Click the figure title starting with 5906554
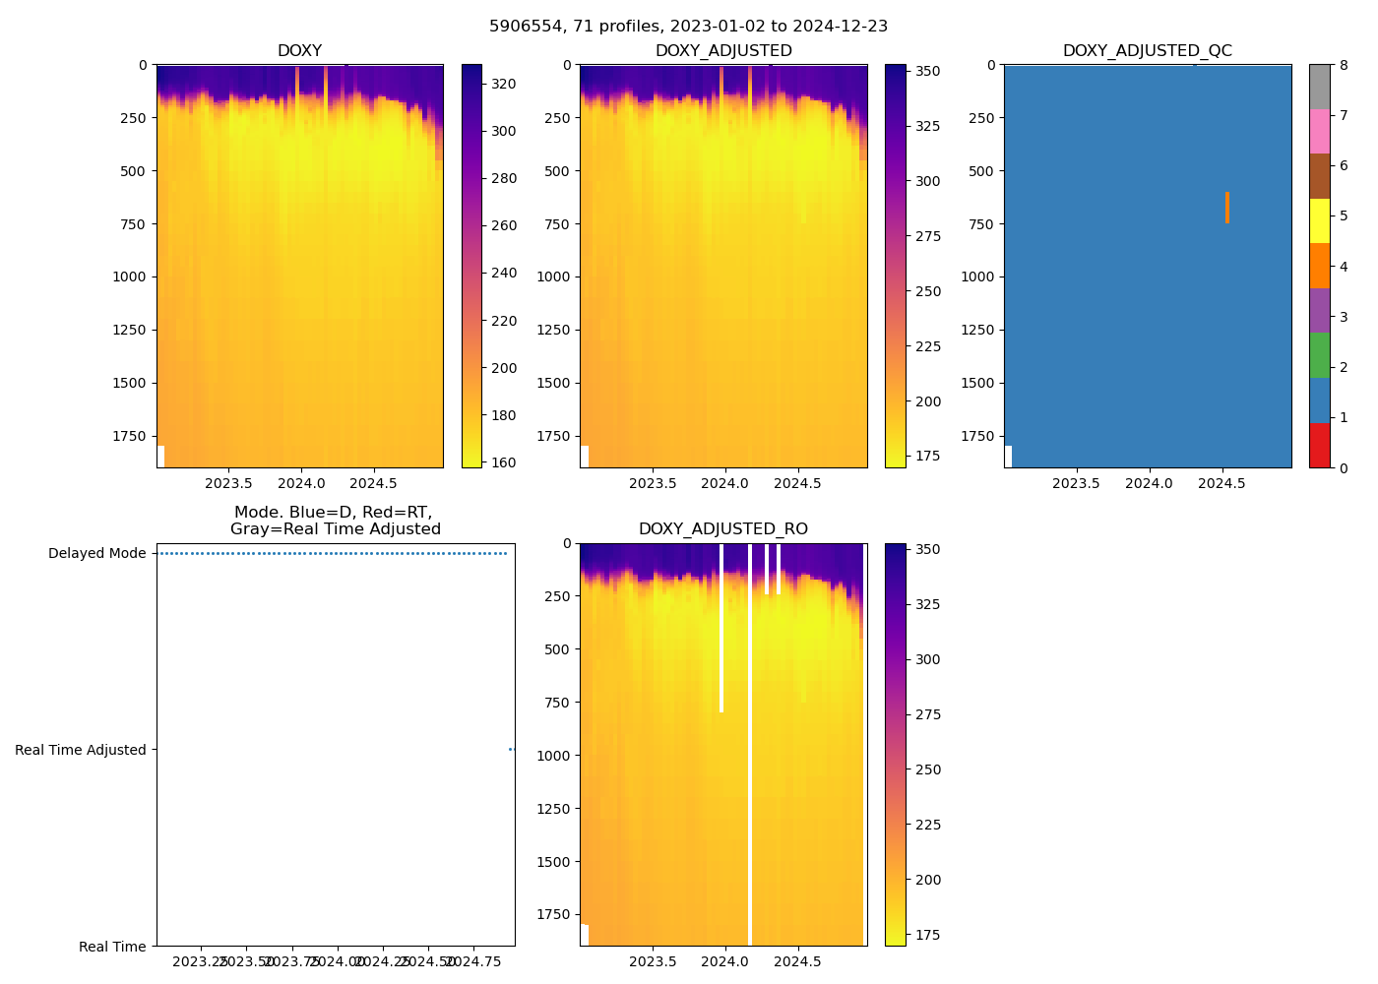coord(688,27)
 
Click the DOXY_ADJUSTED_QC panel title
coord(1147,51)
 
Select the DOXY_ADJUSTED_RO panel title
coord(722,529)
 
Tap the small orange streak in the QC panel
coord(1227,208)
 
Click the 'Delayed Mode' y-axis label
coord(96,554)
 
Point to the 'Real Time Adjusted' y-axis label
coord(81,751)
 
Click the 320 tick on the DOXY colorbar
coord(504,85)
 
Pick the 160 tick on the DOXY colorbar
coord(504,462)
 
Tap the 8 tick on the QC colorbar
coord(1344,65)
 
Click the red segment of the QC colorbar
coord(1319,446)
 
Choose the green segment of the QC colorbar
coord(1319,355)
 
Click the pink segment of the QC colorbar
coord(1319,132)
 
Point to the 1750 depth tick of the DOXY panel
coord(130,436)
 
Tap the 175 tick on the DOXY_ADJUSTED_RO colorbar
coord(927,935)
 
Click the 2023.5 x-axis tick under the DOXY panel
coord(228,484)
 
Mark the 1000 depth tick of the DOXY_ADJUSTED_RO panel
coord(553,756)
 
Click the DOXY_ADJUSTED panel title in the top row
coord(723,51)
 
